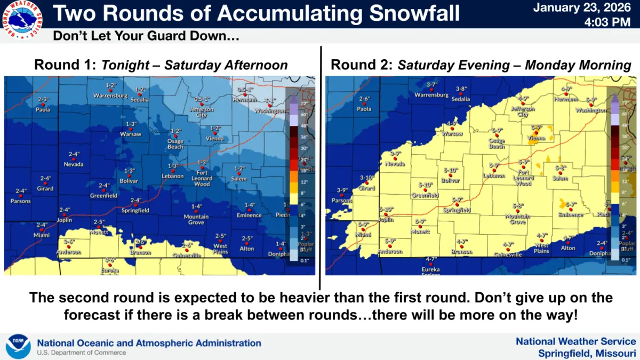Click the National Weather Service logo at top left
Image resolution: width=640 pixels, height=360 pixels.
coord(23,20)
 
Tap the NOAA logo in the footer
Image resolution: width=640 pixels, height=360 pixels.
coord(18,346)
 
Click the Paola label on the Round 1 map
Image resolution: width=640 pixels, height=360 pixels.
coord(43,110)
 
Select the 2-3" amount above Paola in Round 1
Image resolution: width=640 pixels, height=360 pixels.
coord(44,99)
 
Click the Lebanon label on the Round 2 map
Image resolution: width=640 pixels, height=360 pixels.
coord(494,176)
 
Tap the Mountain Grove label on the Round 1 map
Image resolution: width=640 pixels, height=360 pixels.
coord(196,219)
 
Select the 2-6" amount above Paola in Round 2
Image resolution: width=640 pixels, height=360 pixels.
coord(365,99)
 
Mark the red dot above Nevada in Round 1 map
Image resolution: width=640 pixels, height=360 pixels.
coord(74,159)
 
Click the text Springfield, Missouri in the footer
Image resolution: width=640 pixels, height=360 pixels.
coord(587,353)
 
